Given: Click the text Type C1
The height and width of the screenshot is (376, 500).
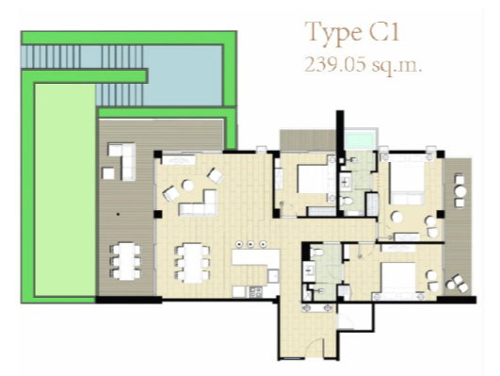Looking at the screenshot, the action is tap(352, 33).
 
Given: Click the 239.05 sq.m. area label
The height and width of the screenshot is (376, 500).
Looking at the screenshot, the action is tap(363, 65).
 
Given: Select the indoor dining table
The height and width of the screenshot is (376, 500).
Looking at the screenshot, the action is tap(193, 264).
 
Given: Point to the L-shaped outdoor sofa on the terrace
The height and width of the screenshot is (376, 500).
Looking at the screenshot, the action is tap(125, 158).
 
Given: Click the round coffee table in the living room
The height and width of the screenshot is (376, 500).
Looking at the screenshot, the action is tap(187, 185).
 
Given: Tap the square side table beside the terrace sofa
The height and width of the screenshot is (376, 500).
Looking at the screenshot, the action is tap(108, 173).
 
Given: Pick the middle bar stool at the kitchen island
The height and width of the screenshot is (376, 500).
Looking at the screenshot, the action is tap(250, 244).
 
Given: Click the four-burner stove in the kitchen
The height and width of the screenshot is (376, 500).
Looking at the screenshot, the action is tap(256, 291).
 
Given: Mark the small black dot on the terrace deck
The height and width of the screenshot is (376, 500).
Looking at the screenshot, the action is tap(118, 214).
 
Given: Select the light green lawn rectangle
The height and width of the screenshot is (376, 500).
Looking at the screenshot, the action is tap(65, 190).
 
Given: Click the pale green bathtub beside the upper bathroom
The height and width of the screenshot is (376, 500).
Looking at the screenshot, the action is tap(361, 139).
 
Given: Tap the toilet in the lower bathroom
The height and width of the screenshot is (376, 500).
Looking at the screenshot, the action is tap(316, 253).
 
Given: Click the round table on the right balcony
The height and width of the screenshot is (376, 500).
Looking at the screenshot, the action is tap(460, 192).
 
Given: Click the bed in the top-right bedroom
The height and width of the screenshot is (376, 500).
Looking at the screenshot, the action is tap(407, 180).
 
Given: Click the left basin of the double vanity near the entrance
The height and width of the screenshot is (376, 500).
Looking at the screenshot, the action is tap(308, 308).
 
